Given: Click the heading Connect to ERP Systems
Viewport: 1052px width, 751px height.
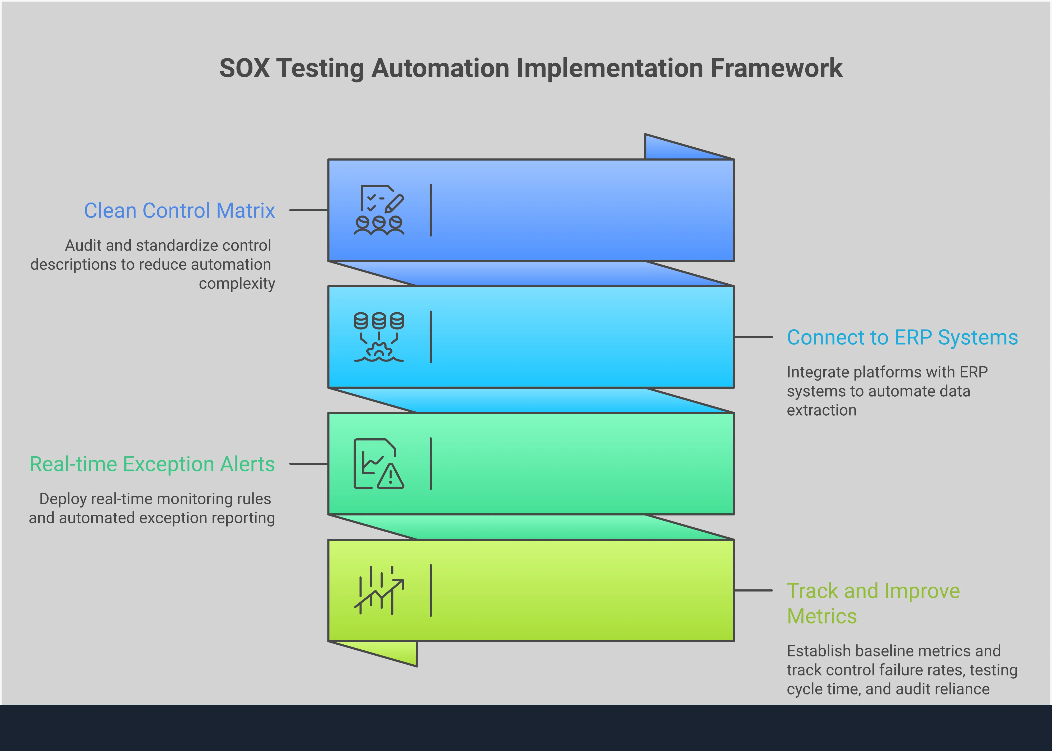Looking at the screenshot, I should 902,337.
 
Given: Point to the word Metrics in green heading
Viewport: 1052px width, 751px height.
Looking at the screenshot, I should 822,616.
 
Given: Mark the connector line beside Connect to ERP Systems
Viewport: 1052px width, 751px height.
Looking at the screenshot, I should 753,337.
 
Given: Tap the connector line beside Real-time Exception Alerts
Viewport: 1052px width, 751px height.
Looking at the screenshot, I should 308,463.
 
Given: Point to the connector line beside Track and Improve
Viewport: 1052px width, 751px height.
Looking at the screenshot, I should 753,590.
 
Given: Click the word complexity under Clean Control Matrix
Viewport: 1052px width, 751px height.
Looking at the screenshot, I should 237,284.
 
